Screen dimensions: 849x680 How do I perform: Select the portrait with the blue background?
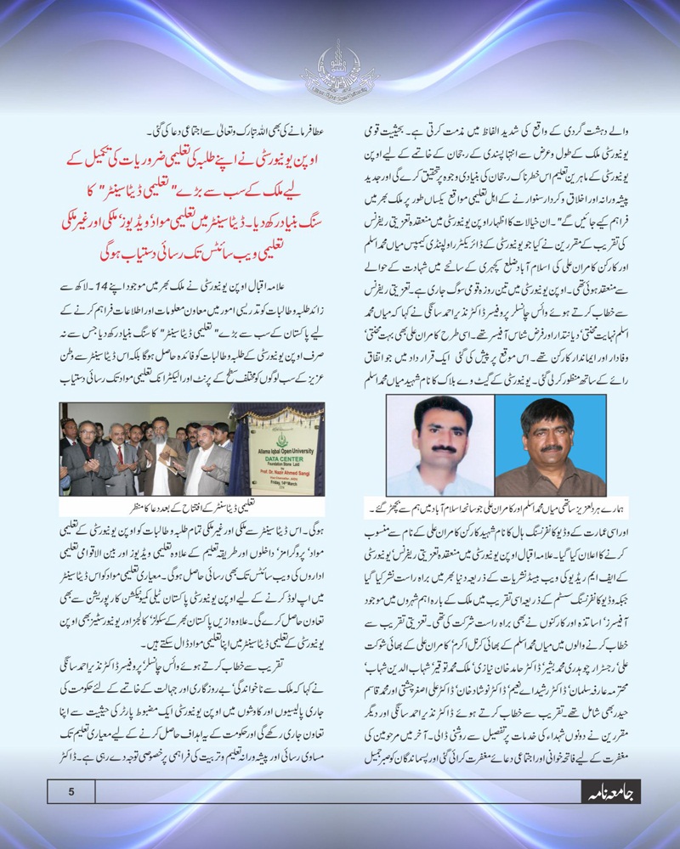tap(550, 446)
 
